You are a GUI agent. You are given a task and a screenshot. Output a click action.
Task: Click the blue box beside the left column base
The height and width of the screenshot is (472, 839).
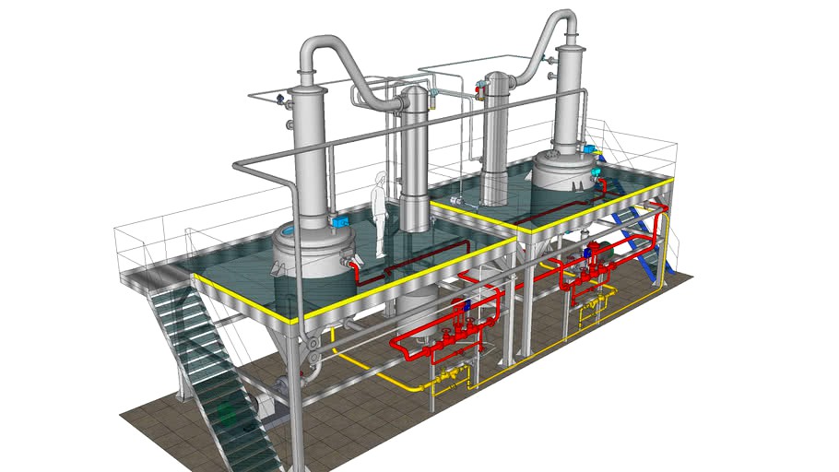(338, 221)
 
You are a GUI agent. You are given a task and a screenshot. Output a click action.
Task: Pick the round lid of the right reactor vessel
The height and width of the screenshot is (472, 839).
(564, 163)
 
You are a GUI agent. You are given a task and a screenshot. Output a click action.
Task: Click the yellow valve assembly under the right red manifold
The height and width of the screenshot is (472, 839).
(590, 313)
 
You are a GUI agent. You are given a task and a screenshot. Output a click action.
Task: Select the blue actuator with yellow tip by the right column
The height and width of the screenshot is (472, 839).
(590, 148)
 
